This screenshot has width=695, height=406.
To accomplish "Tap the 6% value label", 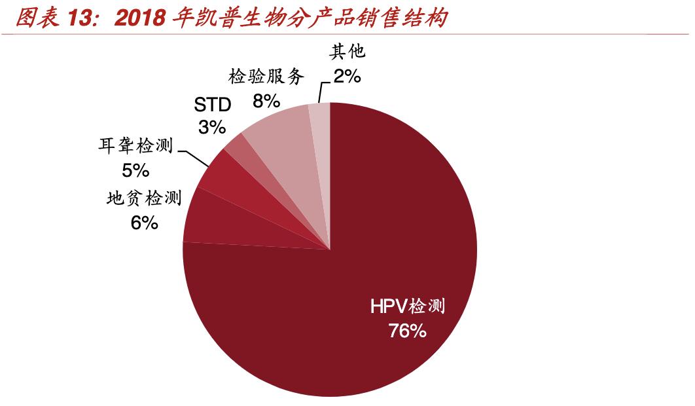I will [144, 223].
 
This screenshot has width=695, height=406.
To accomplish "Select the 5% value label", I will [135, 171].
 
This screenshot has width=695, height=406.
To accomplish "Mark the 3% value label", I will [212, 126].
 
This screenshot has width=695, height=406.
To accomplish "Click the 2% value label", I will [347, 77].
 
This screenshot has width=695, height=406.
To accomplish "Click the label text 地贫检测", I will [143, 197].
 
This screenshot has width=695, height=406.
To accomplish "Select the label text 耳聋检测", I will [135, 145].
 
